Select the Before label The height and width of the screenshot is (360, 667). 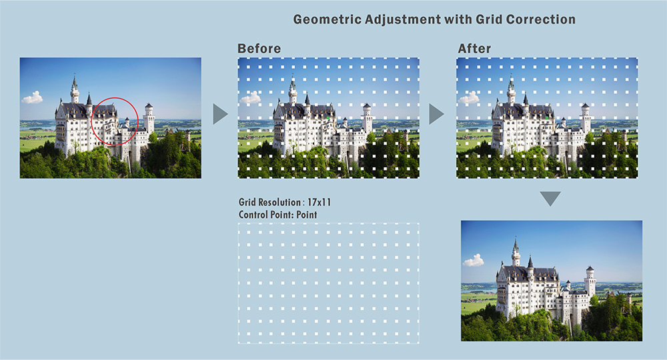(259, 49)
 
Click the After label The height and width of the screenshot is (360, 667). (474, 49)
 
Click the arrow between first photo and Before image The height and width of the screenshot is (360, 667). (220, 114)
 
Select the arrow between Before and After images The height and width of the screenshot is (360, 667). (436, 114)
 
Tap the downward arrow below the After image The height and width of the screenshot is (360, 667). (550, 199)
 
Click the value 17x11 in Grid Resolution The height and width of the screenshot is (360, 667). (319, 202)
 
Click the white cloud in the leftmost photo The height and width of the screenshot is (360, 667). (32, 98)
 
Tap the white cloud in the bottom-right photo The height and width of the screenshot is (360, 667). (474, 260)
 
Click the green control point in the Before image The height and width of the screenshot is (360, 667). (328, 117)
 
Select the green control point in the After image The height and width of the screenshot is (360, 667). (547, 117)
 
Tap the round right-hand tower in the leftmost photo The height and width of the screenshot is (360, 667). (149, 118)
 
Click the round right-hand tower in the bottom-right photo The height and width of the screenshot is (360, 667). (590, 281)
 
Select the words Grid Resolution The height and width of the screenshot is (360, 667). (270, 202)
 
